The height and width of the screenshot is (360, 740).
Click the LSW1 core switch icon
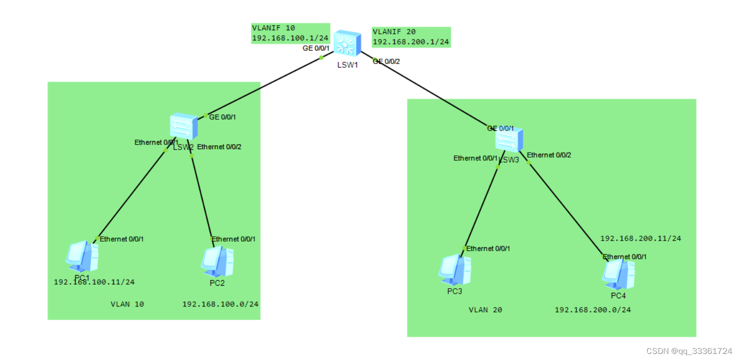(347, 43)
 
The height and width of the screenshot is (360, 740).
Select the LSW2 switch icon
(183, 126)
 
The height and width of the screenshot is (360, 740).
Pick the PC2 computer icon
(217, 261)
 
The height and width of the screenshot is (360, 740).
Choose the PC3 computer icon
(454, 269)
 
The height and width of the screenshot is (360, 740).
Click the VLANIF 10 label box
(291, 33)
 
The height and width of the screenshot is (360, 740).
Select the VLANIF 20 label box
(411, 37)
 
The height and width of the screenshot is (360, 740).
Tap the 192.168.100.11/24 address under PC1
(95, 282)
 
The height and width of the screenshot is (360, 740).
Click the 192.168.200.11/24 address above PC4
(640, 238)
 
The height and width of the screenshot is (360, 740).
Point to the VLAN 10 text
(127, 304)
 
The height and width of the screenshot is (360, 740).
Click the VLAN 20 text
(485, 309)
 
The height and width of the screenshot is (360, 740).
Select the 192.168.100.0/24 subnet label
(220, 304)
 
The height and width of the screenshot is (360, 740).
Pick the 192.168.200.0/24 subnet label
(593, 309)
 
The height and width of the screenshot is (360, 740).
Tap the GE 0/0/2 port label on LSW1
(387, 61)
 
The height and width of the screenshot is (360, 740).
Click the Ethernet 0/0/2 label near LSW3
(549, 155)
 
